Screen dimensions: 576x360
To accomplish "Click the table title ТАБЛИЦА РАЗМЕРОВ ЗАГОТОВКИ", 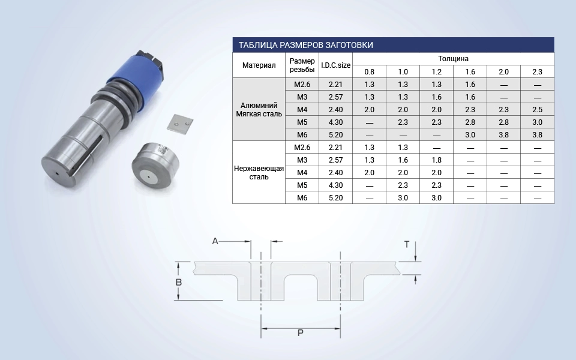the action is [x=305, y=45].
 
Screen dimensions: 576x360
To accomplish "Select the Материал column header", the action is [x=259, y=65].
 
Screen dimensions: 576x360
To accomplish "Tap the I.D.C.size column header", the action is [x=336, y=65].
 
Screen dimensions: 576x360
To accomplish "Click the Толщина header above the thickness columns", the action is [x=454, y=59].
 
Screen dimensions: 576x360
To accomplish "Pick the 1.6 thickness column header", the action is [x=470, y=72].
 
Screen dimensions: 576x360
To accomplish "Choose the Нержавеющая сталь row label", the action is [x=259, y=173].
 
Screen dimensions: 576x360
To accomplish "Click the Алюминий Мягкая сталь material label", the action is [x=259, y=110].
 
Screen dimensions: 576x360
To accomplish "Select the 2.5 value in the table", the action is [x=538, y=110].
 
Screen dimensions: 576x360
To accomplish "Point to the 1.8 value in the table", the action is [x=436, y=160].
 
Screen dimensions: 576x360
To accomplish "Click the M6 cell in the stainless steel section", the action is [x=302, y=198].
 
